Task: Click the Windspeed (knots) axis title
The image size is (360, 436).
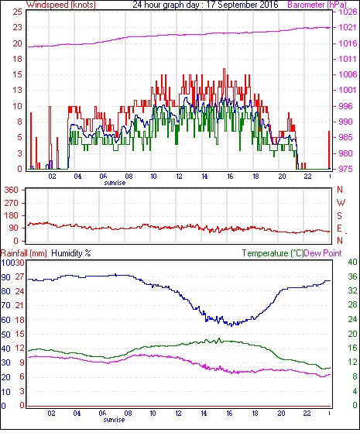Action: click(x=61, y=5)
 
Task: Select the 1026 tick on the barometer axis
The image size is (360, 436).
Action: click(x=348, y=12)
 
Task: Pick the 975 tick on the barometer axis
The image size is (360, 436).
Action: click(x=345, y=169)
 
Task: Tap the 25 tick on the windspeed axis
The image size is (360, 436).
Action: click(x=17, y=12)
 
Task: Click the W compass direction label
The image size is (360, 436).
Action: click(x=341, y=203)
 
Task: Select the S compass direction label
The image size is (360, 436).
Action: click(x=339, y=215)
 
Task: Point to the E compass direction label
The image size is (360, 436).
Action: click(x=339, y=228)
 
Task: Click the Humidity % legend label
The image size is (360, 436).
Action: click(x=71, y=253)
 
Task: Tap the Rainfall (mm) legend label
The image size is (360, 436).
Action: click(x=24, y=253)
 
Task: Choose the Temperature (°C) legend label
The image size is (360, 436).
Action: click(x=273, y=253)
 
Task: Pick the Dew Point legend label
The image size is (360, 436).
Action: click(x=323, y=253)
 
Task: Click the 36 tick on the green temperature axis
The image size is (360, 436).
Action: click(x=352, y=276)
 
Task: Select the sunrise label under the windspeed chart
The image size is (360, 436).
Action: click(x=115, y=183)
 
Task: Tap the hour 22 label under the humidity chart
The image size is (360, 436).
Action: click(x=307, y=414)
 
